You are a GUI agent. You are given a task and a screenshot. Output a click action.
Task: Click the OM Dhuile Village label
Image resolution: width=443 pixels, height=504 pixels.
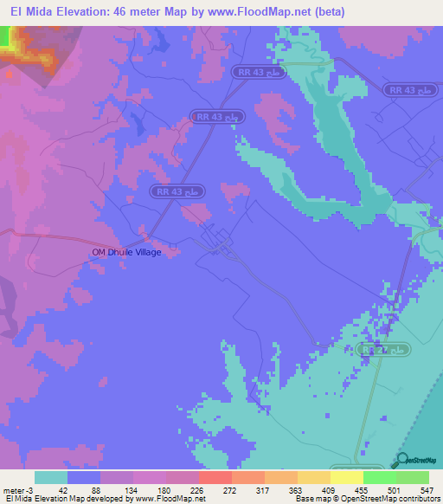(x=127, y=252)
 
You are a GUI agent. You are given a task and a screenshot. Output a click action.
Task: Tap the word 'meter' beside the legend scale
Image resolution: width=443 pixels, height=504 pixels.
(x=14, y=489)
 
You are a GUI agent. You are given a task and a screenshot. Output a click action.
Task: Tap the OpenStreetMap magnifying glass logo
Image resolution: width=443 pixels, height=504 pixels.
(x=402, y=461)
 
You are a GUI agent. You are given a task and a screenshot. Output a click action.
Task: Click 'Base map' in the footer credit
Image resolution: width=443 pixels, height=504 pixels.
(x=310, y=499)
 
